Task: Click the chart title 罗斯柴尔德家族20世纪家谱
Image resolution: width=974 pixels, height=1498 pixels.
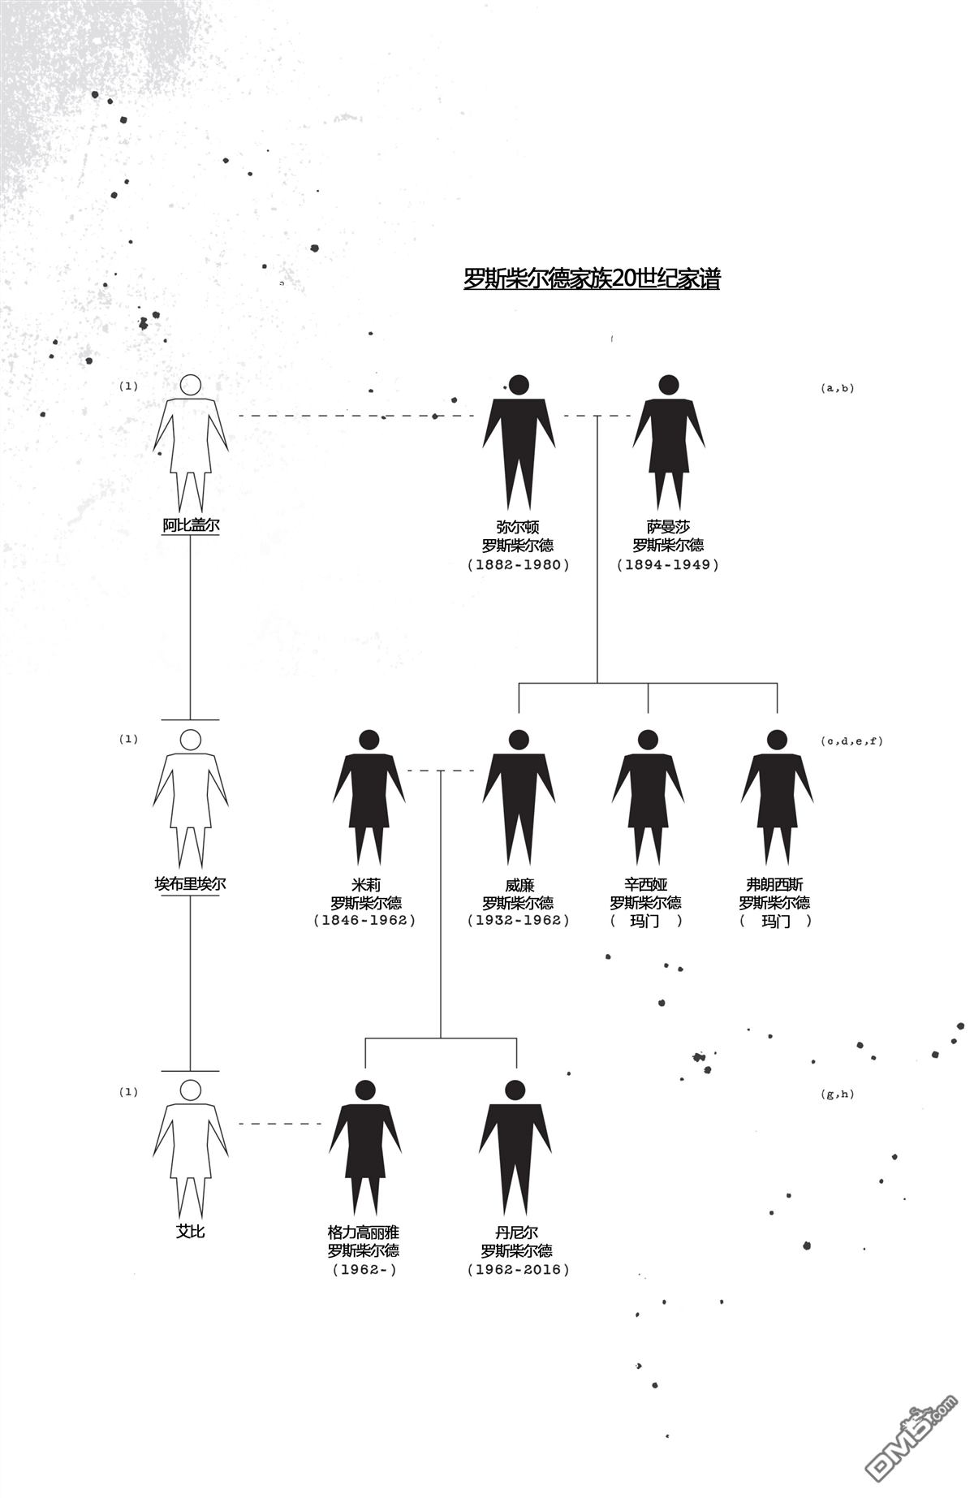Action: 592,278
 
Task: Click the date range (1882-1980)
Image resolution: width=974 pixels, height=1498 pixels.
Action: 519,564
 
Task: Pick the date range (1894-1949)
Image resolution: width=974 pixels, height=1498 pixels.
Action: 668,564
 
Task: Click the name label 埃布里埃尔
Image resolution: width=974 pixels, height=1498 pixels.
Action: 190,883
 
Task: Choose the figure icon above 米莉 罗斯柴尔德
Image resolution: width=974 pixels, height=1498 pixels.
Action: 368,798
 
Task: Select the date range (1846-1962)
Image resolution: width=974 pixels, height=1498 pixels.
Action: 364,920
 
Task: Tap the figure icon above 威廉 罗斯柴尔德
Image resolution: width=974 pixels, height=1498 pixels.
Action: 519,798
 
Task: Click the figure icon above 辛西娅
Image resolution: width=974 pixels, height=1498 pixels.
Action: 648,798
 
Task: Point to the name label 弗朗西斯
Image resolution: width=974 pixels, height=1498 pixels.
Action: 775,884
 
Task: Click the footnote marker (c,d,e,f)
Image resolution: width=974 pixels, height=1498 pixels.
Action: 851,740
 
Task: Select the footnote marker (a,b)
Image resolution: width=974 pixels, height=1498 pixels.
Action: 838,388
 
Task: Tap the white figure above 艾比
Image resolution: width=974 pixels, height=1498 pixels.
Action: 191,1149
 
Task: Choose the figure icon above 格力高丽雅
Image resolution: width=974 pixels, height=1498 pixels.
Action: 365,1149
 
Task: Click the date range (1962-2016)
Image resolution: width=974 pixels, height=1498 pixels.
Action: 519,1269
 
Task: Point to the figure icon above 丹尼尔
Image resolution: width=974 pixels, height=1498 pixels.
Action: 515,1149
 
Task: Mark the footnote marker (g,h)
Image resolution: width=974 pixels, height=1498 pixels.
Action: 838,1094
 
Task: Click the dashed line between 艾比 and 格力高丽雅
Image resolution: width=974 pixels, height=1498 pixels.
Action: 280,1124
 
